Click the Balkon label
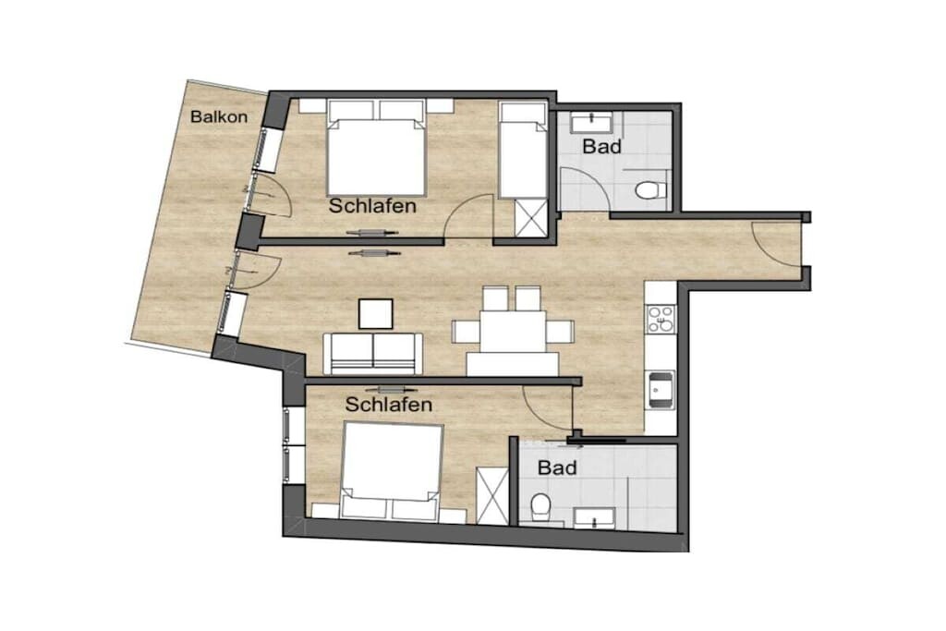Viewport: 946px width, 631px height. [x=218, y=116]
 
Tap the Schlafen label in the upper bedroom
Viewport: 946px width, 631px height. [x=372, y=206]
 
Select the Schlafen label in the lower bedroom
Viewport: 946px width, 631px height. [x=389, y=404]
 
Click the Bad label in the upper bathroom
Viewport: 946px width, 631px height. [x=602, y=146]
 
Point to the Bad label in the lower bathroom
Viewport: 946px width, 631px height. [x=557, y=467]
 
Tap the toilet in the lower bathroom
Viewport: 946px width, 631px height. [x=540, y=507]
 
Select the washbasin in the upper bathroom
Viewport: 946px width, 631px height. [x=592, y=123]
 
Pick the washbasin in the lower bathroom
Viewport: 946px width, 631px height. [x=594, y=517]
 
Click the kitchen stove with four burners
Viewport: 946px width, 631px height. [x=661, y=319]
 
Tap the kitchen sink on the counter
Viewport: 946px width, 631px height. [x=660, y=390]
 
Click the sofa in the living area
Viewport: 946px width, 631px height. [x=373, y=354]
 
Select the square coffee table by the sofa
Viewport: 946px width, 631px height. [x=376, y=314]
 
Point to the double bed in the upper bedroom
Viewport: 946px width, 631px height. [x=377, y=148]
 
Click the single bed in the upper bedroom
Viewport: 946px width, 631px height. [x=523, y=151]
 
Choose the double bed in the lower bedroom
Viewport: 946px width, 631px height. [x=392, y=471]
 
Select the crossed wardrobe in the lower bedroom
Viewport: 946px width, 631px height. [x=493, y=496]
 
